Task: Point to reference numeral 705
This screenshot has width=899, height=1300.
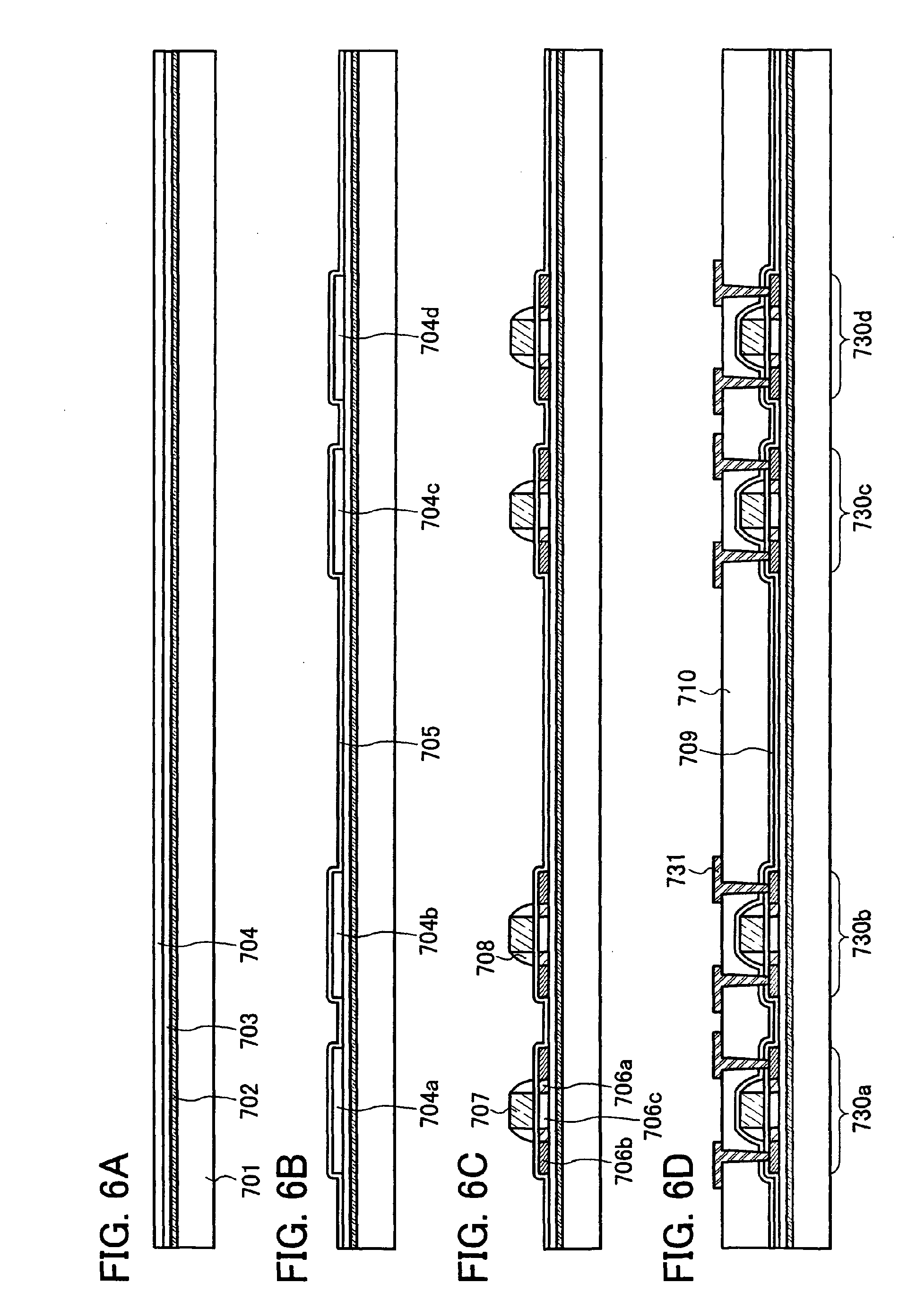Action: point(432,743)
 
